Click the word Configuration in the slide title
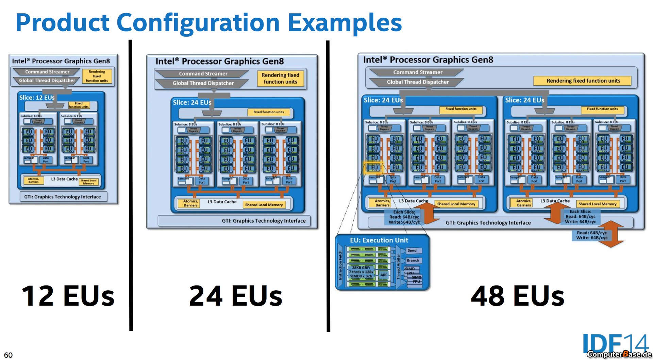[198, 22]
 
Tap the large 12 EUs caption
[68, 296]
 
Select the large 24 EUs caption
[235, 296]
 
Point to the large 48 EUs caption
[517, 296]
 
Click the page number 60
[8, 355]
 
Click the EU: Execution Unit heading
[379, 240]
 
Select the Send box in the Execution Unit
[412, 251]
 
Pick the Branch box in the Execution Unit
[413, 260]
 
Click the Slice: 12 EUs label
[37, 98]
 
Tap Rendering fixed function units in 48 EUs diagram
[583, 81]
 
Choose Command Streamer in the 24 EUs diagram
[203, 74]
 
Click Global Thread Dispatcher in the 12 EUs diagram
[47, 81]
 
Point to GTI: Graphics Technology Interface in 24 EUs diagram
[264, 221]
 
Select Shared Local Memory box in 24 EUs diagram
[264, 205]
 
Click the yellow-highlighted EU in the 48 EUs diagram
[374, 167]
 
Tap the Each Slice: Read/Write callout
[404, 217]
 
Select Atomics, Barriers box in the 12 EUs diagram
[33, 180]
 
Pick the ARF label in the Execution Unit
[384, 275]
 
